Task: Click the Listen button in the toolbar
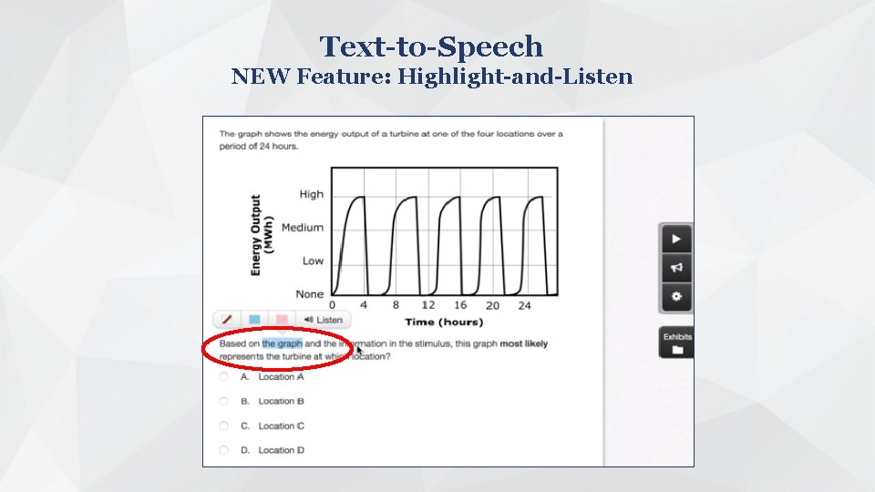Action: point(324,320)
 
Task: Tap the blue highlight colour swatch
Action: point(254,320)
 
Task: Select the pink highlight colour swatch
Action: point(282,320)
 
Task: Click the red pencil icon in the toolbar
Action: point(227,320)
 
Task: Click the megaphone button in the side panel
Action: point(676,268)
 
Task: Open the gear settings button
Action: point(676,296)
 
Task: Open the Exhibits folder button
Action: point(676,342)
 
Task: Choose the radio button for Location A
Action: point(224,376)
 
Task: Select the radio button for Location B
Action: point(224,401)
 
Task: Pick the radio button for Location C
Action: point(224,425)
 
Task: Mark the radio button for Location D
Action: point(224,450)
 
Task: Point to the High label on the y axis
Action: point(311,194)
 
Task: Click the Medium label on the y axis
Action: point(302,228)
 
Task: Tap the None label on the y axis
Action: point(309,294)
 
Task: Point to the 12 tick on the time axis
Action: point(427,305)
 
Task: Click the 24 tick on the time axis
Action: point(524,306)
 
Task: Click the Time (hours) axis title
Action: point(444,323)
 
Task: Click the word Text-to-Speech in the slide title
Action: point(431,46)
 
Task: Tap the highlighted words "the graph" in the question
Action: point(282,344)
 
